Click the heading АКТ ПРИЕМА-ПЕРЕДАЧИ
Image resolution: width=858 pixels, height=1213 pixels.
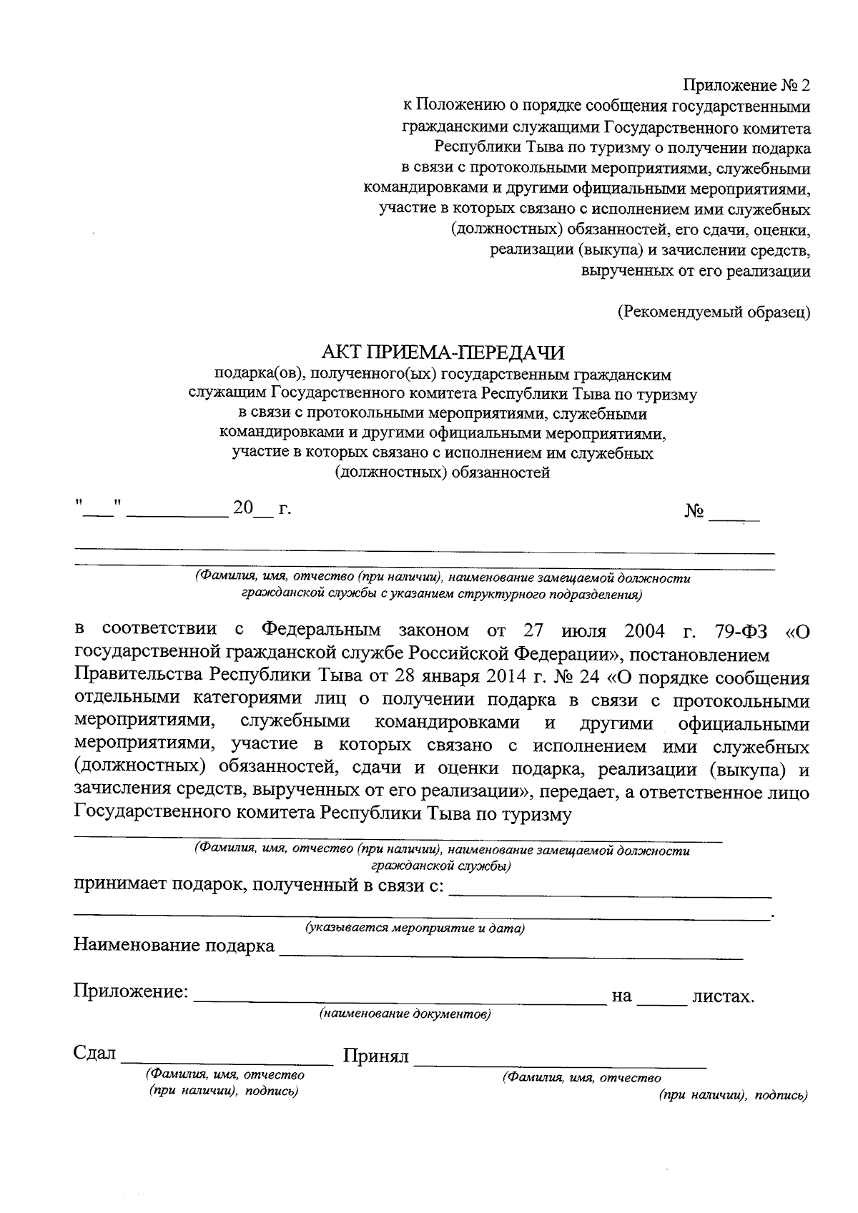click(x=443, y=353)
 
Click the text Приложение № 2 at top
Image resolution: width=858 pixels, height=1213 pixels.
click(x=746, y=86)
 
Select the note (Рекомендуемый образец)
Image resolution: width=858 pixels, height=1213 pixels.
click(x=714, y=312)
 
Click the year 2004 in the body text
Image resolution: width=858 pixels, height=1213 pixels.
click(x=644, y=631)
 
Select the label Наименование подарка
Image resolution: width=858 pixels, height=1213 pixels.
click(x=174, y=946)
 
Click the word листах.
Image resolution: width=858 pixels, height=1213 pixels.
click(x=723, y=996)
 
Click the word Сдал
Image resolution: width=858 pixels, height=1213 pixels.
click(x=94, y=1054)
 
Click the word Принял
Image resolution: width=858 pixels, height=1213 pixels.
click(x=376, y=1056)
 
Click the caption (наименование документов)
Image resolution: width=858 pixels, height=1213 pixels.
click(x=405, y=1014)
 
